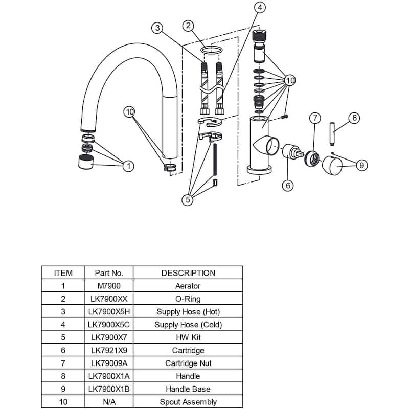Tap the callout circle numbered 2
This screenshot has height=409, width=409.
[x=189, y=25]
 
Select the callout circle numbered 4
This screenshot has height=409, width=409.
[x=260, y=7]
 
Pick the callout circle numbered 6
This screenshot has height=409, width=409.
[x=288, y=185]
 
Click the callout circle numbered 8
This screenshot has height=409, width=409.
[x=354, y=118]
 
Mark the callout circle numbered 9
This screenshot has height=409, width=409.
[x=361, y=165]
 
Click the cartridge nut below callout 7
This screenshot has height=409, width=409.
[x=312, y=158]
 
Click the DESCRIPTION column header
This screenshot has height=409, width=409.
[x=188, y=273]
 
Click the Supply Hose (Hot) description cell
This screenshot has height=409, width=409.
[x=188, y=311]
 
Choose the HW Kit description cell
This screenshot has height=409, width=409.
[x=188, y=337]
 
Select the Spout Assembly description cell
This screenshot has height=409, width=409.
[x=188, y=402]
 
